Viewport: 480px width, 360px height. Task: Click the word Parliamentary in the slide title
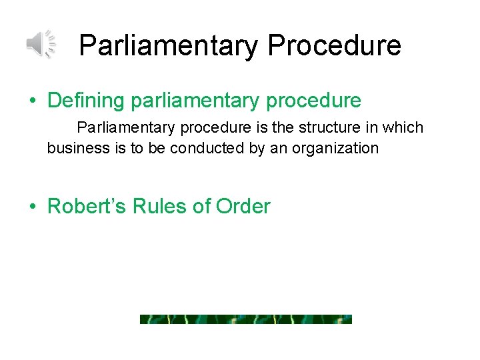tap(169, 46)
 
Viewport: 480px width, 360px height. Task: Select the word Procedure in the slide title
tap(335, 46)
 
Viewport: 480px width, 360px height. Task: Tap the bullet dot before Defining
tap(32, 101)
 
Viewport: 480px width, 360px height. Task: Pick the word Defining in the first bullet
tap(86, 101)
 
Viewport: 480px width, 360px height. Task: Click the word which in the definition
tap(403, 127)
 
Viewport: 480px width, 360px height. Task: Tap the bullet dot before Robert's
tap(32, 207)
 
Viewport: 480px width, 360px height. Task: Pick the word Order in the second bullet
tap(243, 206)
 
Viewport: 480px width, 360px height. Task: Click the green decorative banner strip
tap(245, 319)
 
